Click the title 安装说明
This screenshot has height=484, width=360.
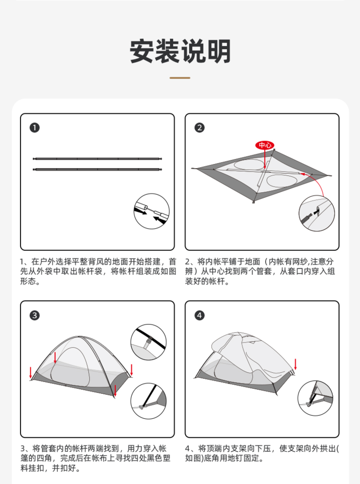[x=180, y=51]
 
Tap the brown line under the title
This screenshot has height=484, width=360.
[x=179, y=78]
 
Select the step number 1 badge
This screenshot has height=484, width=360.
[x=34, y=128]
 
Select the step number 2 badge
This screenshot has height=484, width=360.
[x=199, y=128]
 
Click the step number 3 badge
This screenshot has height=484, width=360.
[x=34, y=315]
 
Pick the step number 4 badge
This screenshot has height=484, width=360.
[x=199, y=315]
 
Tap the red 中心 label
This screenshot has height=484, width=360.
[x=265, y=145]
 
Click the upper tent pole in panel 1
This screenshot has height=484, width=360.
[x=97, y=158]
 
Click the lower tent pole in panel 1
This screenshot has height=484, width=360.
[x=97, y=169]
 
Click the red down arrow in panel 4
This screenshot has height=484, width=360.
[x=295, y=364]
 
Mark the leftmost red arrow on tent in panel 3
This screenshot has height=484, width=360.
[x=31, y=373]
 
